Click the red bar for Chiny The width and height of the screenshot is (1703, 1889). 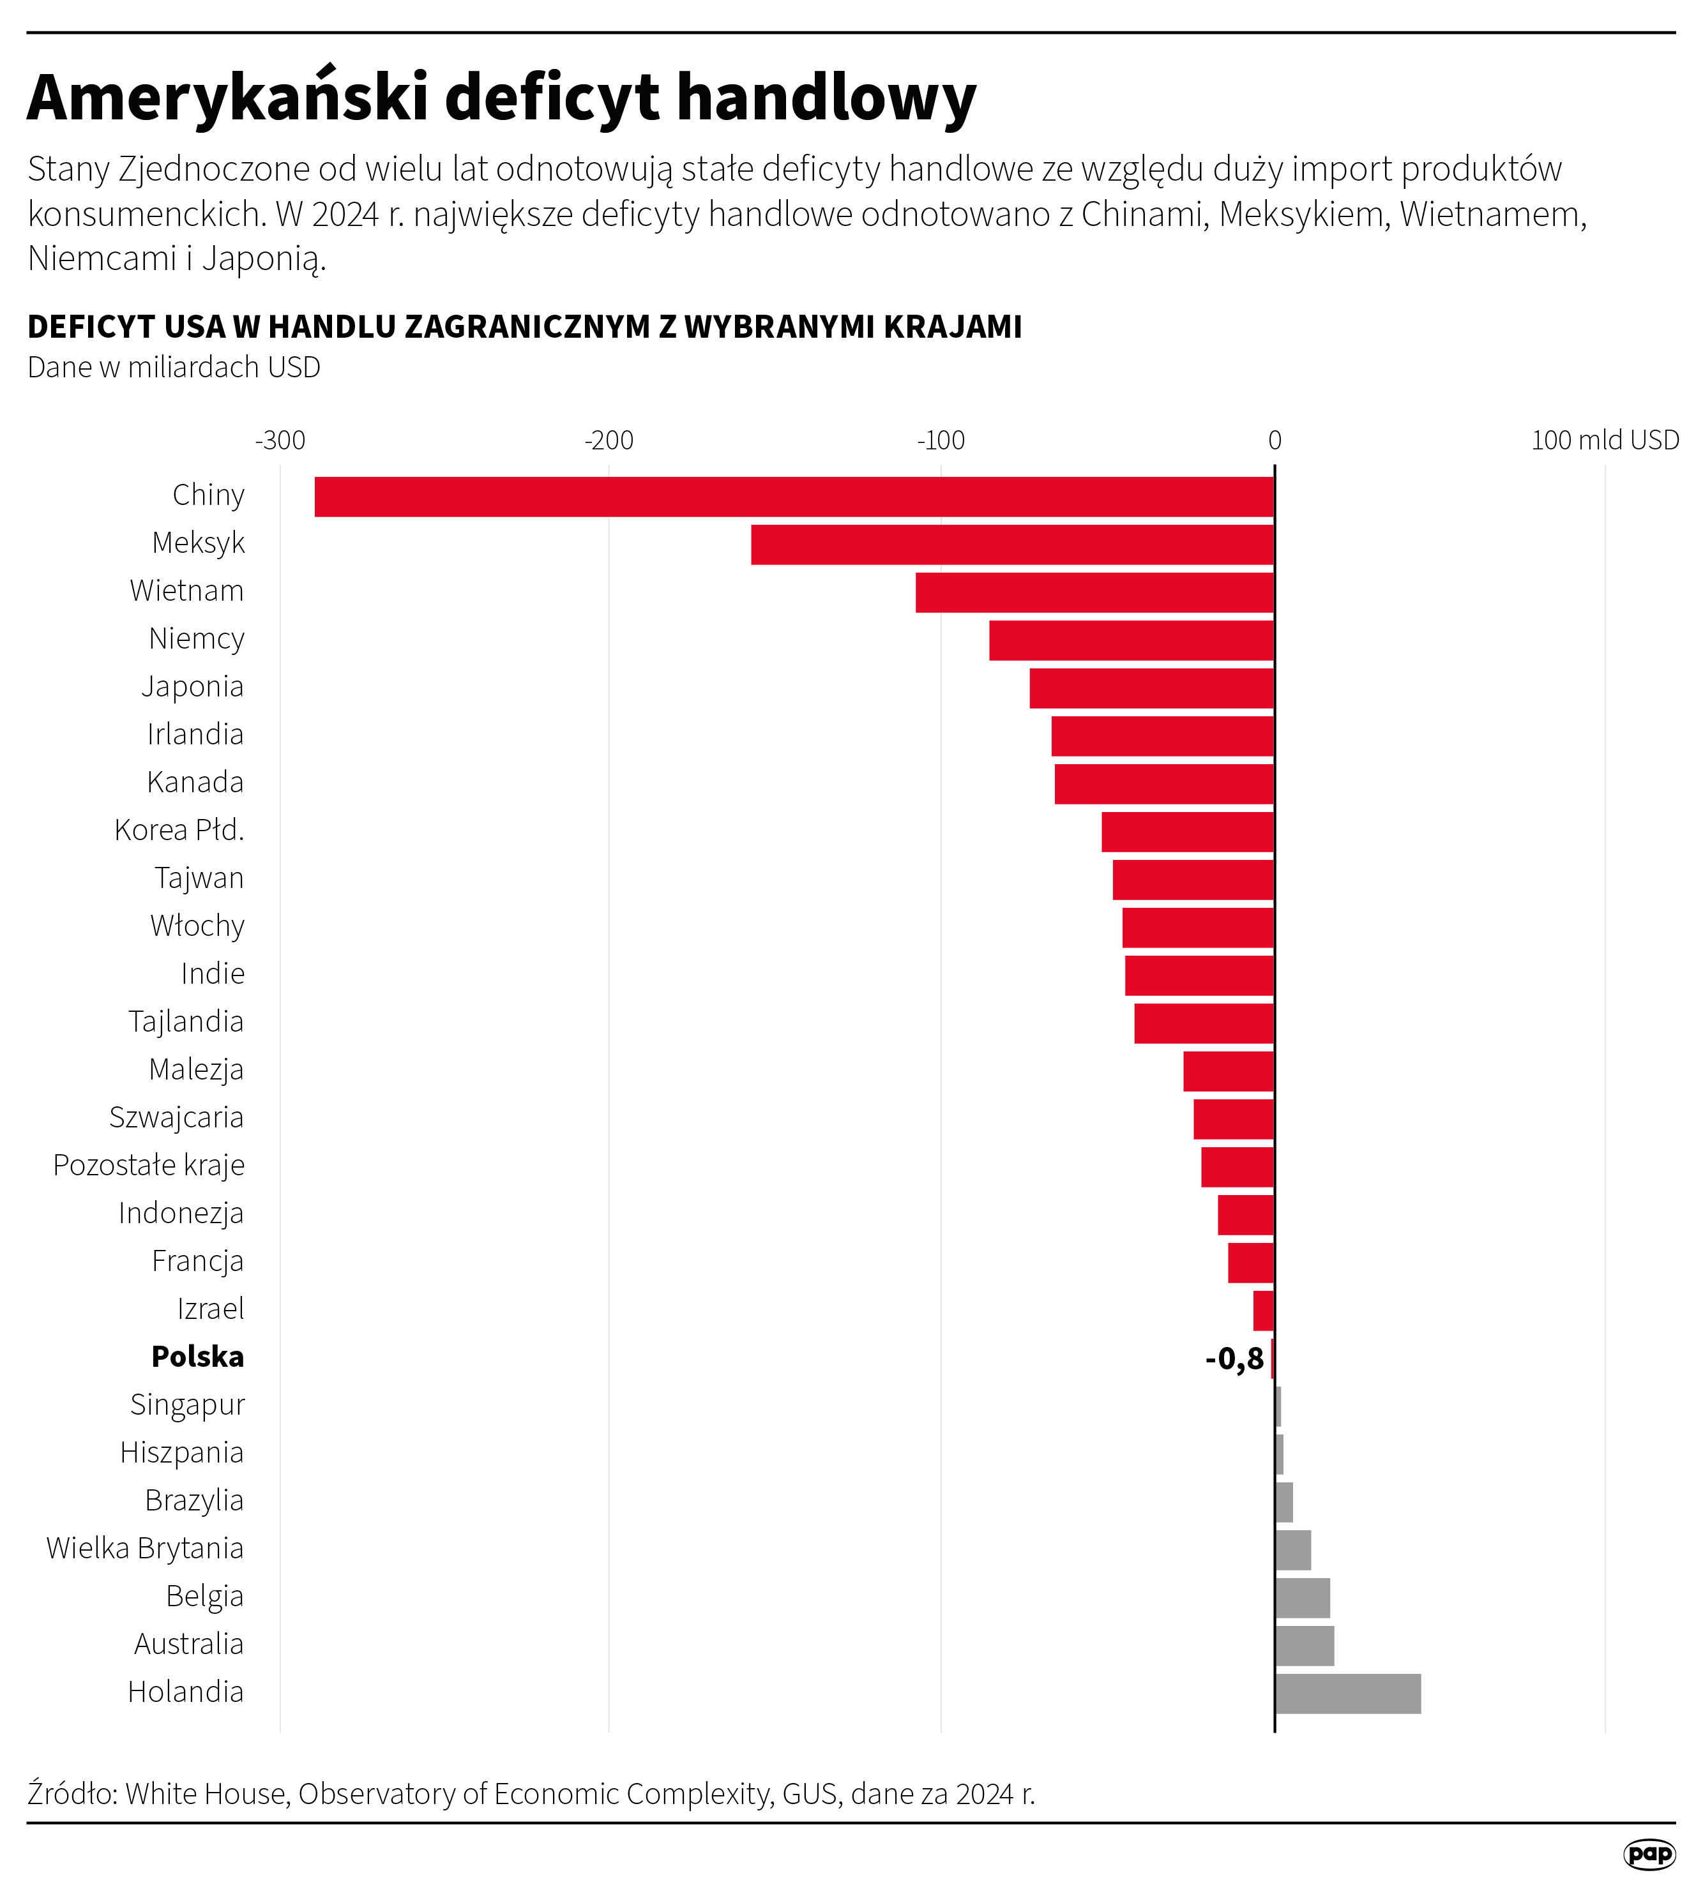tap(794, 497)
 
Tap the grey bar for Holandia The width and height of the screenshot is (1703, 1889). tap(1347, 1694)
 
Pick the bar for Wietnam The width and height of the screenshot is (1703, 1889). tap(1094, 592)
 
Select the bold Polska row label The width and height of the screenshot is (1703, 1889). tap(197, 1357)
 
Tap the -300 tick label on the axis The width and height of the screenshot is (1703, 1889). tap(280, 440)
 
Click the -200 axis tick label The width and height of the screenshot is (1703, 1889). tap(609, 440)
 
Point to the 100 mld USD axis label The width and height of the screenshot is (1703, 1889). tap(1604, 440)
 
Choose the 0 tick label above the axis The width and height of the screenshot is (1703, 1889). tap(1275, 440)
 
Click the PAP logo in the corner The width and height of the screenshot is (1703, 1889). tap(1649, 1853)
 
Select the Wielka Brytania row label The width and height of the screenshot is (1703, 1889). tap(145, 1549)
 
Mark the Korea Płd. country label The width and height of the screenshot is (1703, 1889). tap(179, 830)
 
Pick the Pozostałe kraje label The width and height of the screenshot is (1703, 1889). tap(149, 1165)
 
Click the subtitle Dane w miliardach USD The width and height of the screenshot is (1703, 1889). tap(174, 368)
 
